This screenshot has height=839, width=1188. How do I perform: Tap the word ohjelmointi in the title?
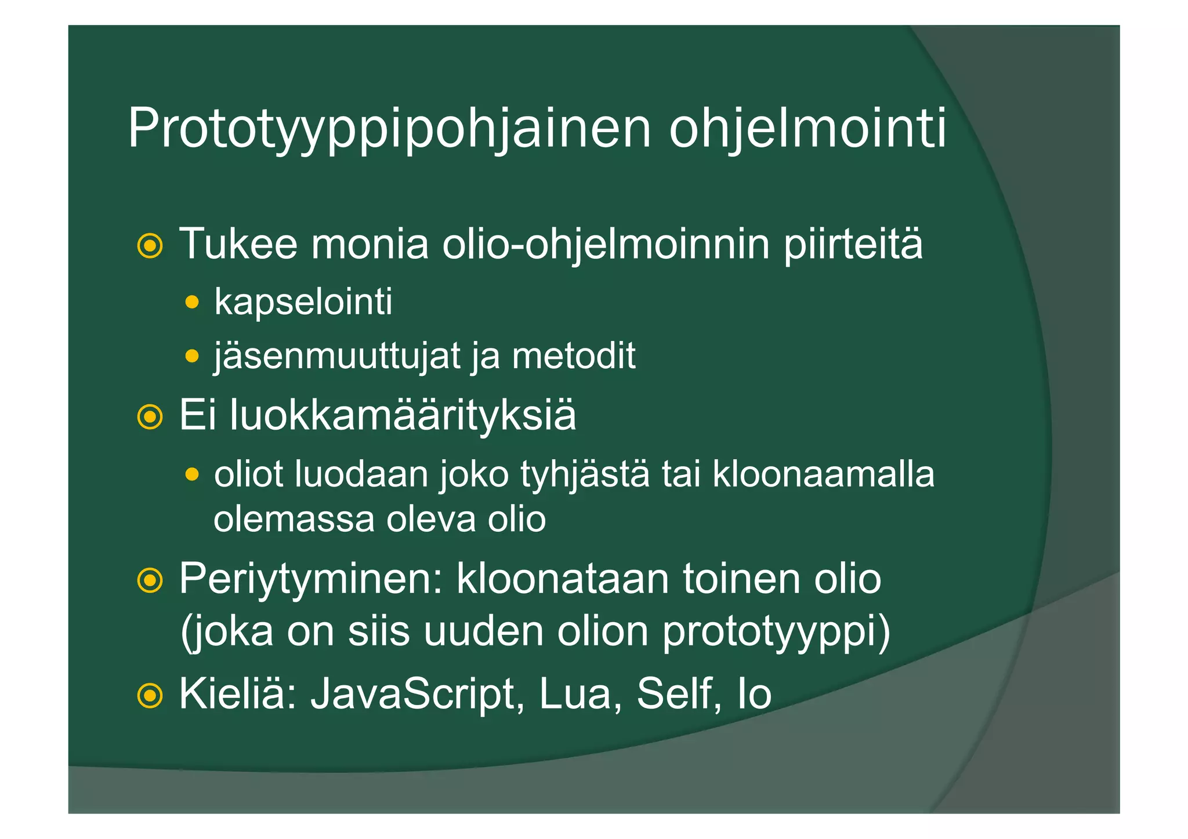click(807, 129)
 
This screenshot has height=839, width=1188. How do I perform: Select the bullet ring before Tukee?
click(150, 246)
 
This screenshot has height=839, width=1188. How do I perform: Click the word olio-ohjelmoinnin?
click(606, 244)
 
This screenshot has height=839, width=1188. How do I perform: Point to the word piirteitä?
click(853, 244)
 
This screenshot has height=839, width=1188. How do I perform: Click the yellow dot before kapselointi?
click(191, 302)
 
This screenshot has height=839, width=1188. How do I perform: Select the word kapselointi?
click(303, 302)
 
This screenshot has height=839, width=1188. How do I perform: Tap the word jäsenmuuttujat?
click(337, 355)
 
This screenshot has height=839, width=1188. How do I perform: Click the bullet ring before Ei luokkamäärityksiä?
click(150, 417)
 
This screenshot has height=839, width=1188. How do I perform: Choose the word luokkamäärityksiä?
click(403, 415)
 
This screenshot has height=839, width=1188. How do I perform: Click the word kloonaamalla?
click(823, 474)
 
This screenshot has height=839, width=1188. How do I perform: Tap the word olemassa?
click(294, 519)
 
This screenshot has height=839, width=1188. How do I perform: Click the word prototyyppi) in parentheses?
click(776, 631)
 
